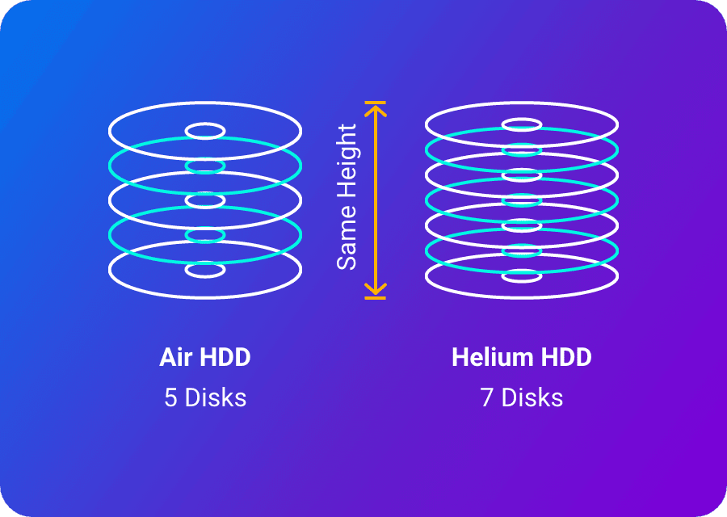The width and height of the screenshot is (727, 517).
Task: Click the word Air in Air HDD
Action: (x=175, y=357)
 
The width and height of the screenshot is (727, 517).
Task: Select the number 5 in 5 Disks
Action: (x=170, y=398)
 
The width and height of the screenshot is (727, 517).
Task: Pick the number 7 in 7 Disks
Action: (x=486, y=398)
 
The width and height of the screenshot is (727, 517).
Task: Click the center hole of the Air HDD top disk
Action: (x=205, y=131)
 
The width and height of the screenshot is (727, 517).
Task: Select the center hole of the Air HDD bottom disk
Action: (x=205, y=270)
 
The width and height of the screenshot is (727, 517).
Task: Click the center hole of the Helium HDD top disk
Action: (x=522, y=125)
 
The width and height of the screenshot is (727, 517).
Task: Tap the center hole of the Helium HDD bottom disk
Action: (x=522, y=276)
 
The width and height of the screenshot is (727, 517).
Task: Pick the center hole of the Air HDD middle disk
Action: (x=205, y=200)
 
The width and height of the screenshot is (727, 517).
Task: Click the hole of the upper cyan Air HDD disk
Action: (x=205, y=166)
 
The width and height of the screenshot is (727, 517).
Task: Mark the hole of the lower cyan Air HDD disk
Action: (x=205, y=235)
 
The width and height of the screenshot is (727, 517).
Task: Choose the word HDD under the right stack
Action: (x=557, y=357)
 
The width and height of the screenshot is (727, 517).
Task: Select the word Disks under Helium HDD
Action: (x=532, y=398)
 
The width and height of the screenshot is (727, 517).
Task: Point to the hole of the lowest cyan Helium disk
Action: (x=522, y=250)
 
